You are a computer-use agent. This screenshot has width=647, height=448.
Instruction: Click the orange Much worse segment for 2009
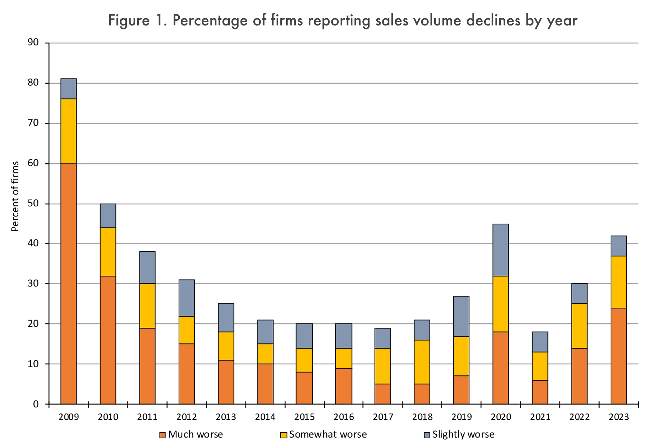coord(68,284)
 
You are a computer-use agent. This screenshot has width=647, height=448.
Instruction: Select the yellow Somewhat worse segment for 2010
coord(108,252)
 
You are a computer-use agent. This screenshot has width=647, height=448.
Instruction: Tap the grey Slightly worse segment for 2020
coord(501,250)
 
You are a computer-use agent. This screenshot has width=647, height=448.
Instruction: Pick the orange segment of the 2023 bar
coord(619,356)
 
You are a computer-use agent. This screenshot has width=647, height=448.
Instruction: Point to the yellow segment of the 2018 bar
coord(422,362)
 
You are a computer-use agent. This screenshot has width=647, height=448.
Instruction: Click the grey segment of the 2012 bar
coord(187,298)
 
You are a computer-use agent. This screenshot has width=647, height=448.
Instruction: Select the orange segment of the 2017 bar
coord(382,394)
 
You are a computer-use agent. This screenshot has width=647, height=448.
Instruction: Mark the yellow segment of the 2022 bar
coord(579,326)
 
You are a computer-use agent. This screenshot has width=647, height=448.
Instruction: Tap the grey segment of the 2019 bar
coord(461,316)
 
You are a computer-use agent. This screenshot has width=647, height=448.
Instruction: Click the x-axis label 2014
coord(265,417)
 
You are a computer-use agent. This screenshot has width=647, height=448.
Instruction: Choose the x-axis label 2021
coord(540,417)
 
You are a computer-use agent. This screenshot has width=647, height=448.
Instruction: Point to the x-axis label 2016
coord(344,417)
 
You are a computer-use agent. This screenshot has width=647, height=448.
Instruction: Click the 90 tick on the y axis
coord(33,43)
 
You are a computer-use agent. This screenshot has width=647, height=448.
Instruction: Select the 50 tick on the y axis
coord(33,204)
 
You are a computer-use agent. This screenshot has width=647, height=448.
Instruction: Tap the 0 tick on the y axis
coord(36,404)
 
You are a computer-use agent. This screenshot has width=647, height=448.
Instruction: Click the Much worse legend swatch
coord(162,435)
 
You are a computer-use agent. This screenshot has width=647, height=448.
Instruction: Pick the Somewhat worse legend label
coord(328,434)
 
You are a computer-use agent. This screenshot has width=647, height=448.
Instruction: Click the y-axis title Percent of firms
coord(15,197)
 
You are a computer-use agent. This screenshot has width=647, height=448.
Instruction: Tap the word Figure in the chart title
coord(129,21)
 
